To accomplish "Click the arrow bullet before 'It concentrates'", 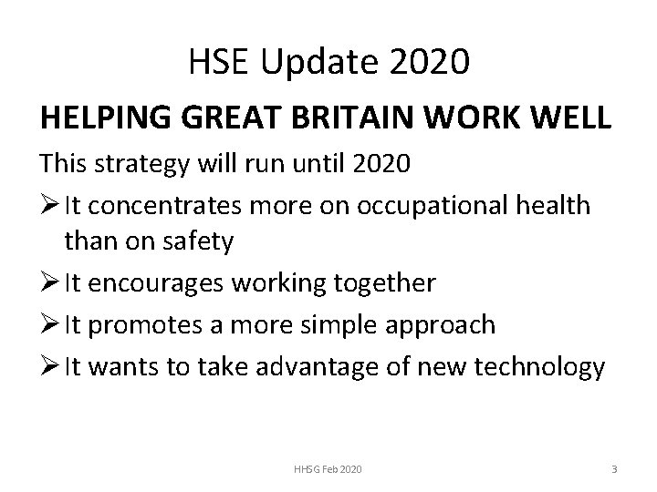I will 47,206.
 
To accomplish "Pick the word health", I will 554,205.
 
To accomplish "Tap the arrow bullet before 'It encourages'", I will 47,284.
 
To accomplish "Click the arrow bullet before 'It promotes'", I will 47,324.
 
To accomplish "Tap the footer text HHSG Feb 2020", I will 328,468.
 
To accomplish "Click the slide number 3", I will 614,468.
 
